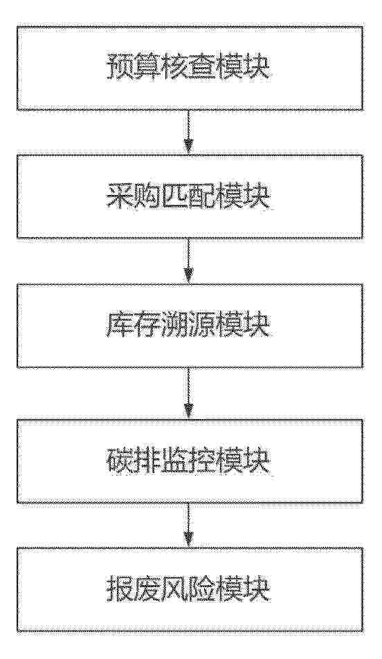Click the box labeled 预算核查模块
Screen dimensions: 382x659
coord(190,68)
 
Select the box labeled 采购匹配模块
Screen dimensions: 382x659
coord(190,196)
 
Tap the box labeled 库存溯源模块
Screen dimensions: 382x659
coord(190,326)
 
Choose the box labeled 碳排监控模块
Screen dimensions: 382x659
coord(190,461)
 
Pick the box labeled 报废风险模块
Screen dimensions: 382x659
coord(190,590)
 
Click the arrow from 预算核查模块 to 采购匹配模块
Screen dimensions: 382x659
coord(190,133)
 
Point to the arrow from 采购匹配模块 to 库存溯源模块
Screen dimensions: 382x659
coord(190,261)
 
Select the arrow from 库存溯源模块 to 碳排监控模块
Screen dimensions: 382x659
coord(190,393)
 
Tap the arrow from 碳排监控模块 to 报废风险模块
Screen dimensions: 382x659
coord(190,526)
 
